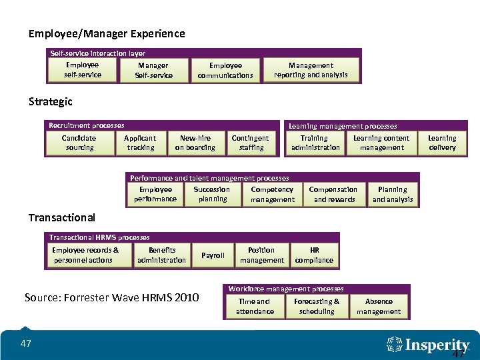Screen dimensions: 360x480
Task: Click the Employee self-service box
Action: tap(83, 70)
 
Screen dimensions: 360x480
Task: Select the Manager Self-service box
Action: tap(153, 70)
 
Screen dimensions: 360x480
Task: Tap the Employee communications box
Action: tap(225, 70)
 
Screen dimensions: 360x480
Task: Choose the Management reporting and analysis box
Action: tap(311, 70)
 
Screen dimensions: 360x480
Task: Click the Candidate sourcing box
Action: tap(79, 143)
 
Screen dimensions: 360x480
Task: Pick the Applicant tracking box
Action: tap(141, 143)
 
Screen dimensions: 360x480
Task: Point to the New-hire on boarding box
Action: tap(195, 143)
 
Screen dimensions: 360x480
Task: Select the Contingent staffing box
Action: tap(251, 143)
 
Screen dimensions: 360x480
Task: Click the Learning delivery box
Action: tap(442, 143)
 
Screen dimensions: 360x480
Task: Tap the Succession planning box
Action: tap(212, 194)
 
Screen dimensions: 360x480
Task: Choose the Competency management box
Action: tap(272, 194)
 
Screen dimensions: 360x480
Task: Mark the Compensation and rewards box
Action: tap(334, 194)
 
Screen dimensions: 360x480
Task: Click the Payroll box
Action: tap(213, 255)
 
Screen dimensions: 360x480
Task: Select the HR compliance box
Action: tap(314, 255)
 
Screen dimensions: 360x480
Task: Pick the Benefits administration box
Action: tap(161, 255)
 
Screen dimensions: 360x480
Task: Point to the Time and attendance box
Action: tap(255, 307)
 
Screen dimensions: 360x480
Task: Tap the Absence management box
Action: tap(379, 307)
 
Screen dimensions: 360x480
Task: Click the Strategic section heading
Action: tap(51, 102)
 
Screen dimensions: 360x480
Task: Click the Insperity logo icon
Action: tap(395, 345)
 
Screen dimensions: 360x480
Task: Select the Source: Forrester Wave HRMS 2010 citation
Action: tap(111, 297)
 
